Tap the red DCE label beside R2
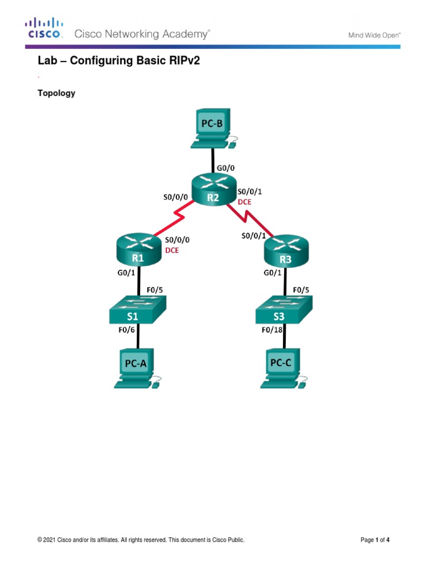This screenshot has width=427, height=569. click(x=245, y=202)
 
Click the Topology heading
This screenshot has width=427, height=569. click(x=56, y=93)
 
